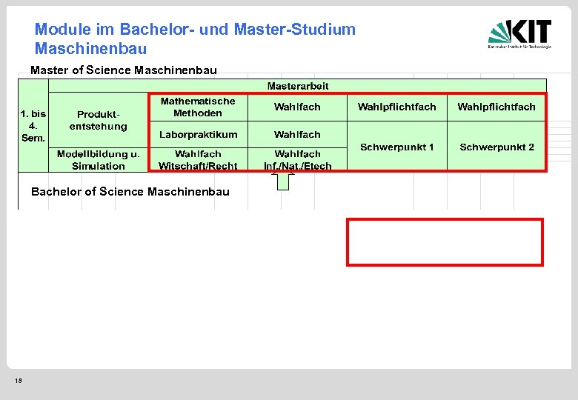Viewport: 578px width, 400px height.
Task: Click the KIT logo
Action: pos(519,34)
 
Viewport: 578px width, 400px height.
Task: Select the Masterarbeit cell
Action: pos(298,86)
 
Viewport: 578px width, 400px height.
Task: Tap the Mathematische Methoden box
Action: pos(198,107)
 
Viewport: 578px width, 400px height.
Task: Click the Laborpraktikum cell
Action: pos(198,134)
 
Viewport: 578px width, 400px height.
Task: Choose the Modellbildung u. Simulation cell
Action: pos(99,160)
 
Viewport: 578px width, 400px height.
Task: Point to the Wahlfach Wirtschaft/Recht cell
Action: pos(198,160)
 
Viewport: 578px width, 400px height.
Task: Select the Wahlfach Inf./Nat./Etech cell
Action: pos(298,160)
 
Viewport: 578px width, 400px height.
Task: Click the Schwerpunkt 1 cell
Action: pos(397,147)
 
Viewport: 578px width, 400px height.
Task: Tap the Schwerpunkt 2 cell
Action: pos(496,147)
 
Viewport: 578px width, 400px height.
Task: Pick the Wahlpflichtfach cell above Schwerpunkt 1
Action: pos(397,107)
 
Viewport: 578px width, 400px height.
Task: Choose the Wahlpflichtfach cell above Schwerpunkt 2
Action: pos(496,107)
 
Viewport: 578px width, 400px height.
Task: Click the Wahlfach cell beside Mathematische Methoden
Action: pos(298,107)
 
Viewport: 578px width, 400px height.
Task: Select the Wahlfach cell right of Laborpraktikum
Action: pos(298,134)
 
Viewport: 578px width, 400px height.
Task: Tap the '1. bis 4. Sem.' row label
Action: pos(33,126)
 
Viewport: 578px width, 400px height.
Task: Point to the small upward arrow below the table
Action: pos(283,181)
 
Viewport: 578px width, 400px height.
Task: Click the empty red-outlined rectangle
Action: pos(445,241)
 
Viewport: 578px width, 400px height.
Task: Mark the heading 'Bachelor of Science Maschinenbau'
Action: pos(130,192)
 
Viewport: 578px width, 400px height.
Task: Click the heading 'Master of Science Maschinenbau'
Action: pos(124,70)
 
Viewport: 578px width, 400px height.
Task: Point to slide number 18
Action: pos(19,381)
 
